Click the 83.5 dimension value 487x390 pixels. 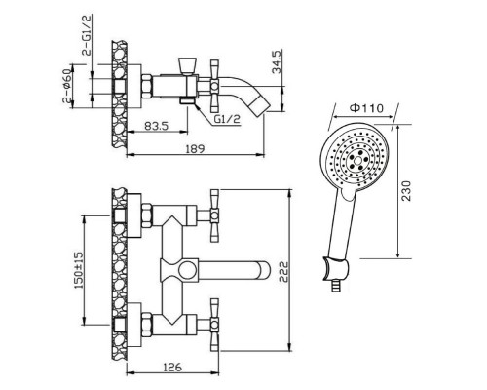coord(156,125)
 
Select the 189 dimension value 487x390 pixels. coord(195,148)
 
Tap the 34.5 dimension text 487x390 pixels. coord(277,61)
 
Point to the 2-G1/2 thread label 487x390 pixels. coord(88,35)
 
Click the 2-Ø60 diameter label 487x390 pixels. coord(67,86)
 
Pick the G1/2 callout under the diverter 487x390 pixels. coord(227,119)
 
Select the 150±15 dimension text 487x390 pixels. coord(79,270)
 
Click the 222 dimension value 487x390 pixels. coord(283,272)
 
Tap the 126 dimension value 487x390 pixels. coord(172,368)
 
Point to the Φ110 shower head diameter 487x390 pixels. coord(366,107)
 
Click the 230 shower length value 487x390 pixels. coord(406,191)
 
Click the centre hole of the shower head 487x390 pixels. coord(357,160)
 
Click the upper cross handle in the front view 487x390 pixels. coord(214,215)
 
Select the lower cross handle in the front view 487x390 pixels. coord(214,324)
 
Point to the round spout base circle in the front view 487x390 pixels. coord(188,270)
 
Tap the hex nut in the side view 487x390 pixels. coord(147,86)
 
